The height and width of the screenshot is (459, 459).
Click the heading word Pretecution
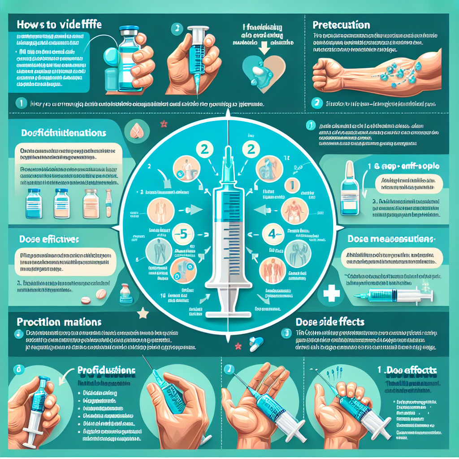[x=341, y=25]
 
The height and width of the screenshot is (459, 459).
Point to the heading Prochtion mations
[x=59, y=322]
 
